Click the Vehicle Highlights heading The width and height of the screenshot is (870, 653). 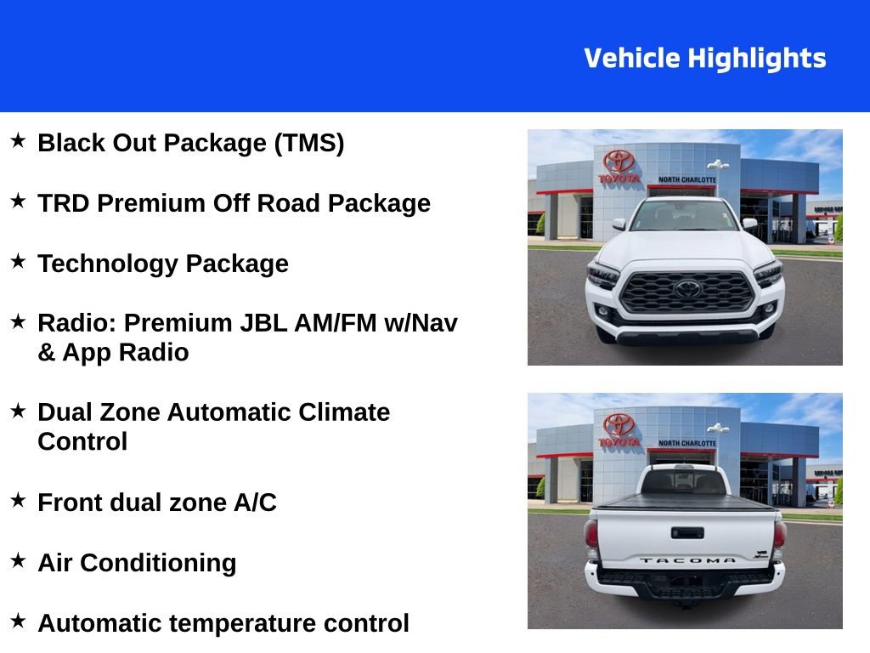click(x=704, y=59)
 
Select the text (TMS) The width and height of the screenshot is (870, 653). click(x=308, y=143)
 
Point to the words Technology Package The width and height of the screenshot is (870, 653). click(x=162, y=264)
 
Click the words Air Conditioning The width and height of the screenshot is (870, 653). click(x=137, y=563)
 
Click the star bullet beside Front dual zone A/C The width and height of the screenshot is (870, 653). click(x=18, y=501)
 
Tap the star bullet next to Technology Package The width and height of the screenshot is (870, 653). click(x=18, y=262)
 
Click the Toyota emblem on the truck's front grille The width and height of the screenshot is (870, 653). click(x=687, y=289)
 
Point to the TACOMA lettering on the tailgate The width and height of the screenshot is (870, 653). click(x=686, y=561)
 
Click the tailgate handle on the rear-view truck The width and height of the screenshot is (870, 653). click(x=686, y=533)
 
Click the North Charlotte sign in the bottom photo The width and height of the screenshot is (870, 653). click(x=686, y=443)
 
